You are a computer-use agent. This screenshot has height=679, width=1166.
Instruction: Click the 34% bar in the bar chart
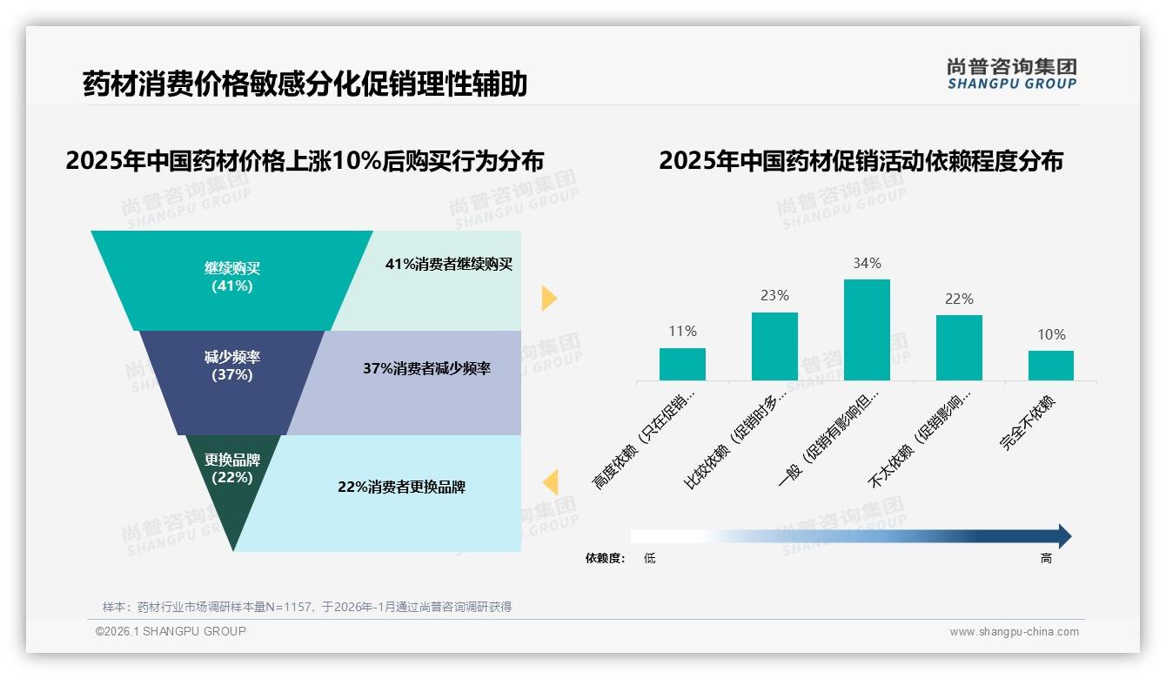867,330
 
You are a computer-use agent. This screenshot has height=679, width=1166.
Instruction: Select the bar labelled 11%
682,364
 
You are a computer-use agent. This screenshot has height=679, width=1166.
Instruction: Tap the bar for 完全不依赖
1050,366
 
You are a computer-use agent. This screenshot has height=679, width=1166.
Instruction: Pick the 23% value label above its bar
774,296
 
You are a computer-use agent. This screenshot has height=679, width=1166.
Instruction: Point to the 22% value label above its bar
959,299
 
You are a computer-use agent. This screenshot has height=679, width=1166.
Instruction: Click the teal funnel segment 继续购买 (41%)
231,279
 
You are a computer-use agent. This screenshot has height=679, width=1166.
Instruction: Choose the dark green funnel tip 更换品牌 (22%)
231,474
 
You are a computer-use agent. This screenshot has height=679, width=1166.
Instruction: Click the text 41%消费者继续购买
449,265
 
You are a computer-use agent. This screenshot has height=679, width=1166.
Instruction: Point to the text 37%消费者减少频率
426,369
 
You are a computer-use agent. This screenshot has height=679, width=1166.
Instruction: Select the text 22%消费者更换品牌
401,487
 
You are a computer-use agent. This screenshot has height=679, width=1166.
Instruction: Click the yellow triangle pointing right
548,298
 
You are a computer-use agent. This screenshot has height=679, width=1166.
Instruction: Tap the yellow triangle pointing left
550,481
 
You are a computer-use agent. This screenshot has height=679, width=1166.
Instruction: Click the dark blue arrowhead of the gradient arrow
1063,536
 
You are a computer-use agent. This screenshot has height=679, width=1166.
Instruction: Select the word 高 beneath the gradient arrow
1046,559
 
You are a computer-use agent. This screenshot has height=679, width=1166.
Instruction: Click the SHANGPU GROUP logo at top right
1011,74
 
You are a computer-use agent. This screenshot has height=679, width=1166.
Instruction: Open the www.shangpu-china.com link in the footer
1014,632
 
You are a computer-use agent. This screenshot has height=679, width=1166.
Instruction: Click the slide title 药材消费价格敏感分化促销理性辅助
305,84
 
